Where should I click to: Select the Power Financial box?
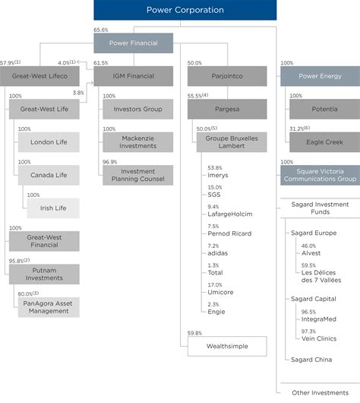pyautogui.click(x=134, y=43)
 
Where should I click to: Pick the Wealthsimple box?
pyautogui.click(x=229, y=346)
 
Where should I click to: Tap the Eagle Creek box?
pyautogui.click(x=319, y=142)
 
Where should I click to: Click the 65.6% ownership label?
pyautogui.click(x=100, y=29)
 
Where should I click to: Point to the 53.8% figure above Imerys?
pyautogui.click(x=214, y=167)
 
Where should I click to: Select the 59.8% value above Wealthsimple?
pyautogui.click(x=195, y=332)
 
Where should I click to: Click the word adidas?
pyautogui.click(x=219, y=255)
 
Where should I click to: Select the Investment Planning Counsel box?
pyautogui.click(x=137, y=175)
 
